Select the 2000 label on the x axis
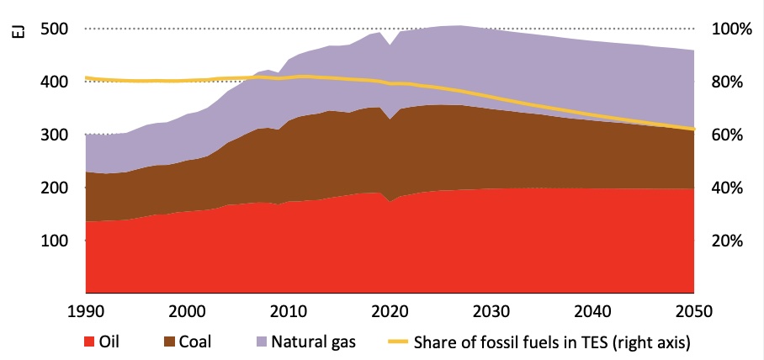tap(187, 310)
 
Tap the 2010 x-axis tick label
tap(289, 310)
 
